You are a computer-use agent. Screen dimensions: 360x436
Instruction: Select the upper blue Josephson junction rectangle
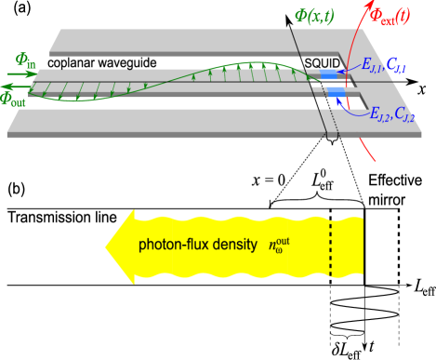coord(331,73)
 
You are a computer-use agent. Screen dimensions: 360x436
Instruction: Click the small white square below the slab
coord(330,146)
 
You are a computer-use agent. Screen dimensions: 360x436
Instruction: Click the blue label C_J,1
coord(396,64)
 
